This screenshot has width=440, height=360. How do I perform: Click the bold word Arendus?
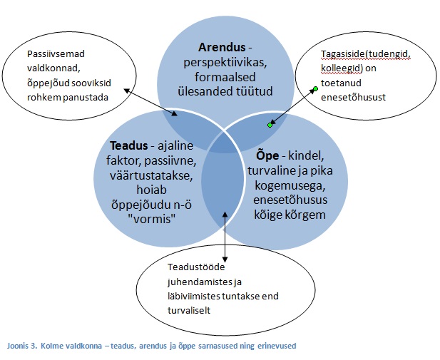point(222,47)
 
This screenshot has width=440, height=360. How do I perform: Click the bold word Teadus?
point(129,145)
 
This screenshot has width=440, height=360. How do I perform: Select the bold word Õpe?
point(267,155)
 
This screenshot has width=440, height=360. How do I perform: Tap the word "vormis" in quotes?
point(151,219)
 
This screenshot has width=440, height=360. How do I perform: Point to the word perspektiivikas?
point(225,63)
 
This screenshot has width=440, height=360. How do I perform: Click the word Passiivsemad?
point(56,53)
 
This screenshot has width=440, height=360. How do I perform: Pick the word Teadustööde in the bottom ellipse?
point(196,267)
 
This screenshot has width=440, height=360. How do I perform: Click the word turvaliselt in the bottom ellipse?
point(189,310)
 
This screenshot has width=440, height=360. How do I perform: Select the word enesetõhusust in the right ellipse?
point(353,98)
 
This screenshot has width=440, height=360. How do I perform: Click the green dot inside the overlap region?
point(270,125)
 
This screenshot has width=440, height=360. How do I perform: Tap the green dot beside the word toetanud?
point(315,89)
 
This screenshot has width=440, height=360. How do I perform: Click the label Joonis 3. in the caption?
point(22,346)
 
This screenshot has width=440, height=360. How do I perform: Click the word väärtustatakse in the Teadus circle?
point(151,175)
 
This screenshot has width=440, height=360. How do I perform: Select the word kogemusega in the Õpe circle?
point(290,186)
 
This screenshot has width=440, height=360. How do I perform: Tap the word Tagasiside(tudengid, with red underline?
point(366,54)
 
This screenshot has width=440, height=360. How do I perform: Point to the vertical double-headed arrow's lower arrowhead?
point(225,259)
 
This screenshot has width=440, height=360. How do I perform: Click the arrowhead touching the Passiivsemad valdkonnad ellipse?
point(126,91)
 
